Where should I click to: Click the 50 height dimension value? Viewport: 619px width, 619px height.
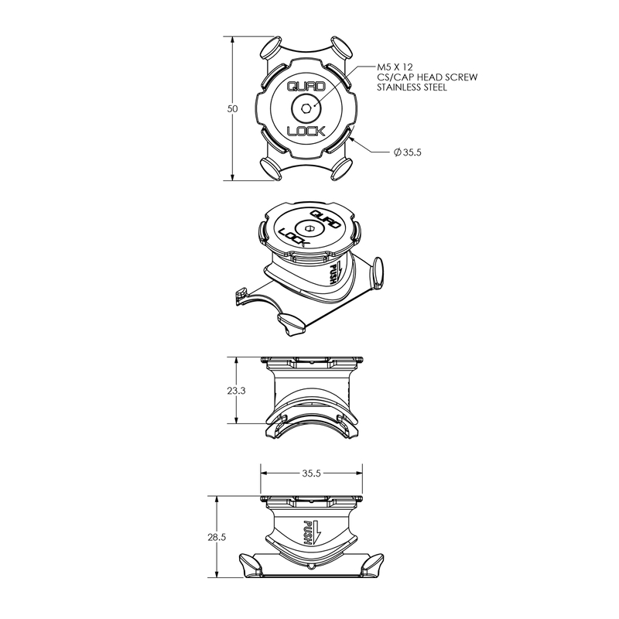pos(233,108)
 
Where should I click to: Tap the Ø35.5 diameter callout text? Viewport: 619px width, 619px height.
pos(408,152)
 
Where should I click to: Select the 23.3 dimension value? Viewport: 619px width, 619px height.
pos(236,391)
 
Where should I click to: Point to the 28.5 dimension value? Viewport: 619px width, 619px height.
pos(217,537)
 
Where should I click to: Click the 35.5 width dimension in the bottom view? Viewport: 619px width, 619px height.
pos(312,473)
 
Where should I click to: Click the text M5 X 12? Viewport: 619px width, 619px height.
pos(395,67)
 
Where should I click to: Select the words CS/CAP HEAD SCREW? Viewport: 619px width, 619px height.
pos(427,77)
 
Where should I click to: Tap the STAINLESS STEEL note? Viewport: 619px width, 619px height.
pos(412,87)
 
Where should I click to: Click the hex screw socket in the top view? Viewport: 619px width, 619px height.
pos(306,108)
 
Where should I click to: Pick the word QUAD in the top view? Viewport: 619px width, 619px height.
pos(306,87)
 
